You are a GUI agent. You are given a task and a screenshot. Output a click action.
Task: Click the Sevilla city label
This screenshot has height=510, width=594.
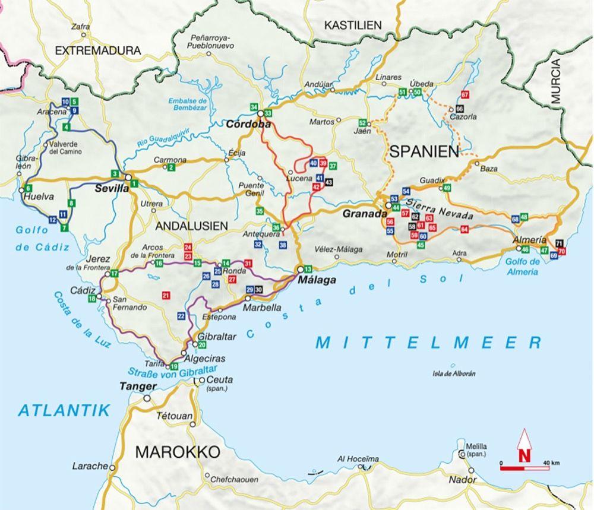tap(112, 188)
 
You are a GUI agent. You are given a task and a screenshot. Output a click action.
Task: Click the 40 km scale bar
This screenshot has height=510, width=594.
tap(524, 468)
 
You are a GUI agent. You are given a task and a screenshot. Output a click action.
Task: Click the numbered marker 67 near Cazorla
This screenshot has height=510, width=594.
tap(465, 95)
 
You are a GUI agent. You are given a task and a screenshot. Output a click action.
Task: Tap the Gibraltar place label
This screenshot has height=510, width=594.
tap(217, 337)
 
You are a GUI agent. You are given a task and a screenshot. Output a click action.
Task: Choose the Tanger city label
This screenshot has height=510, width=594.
tap(137, 387)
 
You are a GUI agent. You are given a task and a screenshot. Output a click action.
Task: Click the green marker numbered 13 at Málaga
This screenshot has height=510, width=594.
tap(308, 269)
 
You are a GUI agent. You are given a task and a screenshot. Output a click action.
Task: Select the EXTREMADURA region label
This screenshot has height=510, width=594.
tap(98, 51)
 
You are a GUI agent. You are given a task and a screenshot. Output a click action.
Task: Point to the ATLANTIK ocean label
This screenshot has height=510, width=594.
tap(64, 410)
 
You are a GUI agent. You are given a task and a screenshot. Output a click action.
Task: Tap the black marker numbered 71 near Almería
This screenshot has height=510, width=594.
tap(559, 243)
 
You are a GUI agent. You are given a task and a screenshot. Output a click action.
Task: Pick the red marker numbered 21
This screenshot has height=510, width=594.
tap(166, 295)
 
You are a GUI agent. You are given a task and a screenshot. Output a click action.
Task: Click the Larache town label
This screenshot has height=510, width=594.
tap(90, 466)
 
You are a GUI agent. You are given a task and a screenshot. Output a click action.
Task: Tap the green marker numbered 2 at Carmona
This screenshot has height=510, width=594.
tap(172, 167)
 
